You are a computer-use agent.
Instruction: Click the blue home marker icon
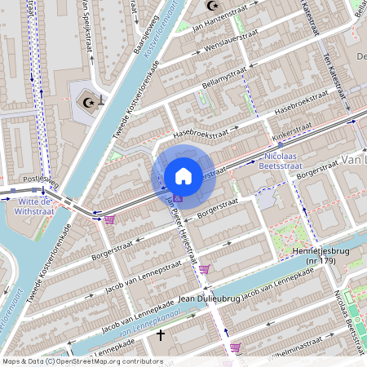tap(183, 176)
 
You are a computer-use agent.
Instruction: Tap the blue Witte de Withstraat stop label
tap(34, 206)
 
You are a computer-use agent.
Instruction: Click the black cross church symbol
tap(161, 334)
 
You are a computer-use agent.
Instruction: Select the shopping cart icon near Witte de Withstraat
tap(109, 219)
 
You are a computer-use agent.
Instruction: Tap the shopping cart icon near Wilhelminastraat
tap(236, 347)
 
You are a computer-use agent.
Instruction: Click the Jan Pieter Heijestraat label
tap(183, 232)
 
